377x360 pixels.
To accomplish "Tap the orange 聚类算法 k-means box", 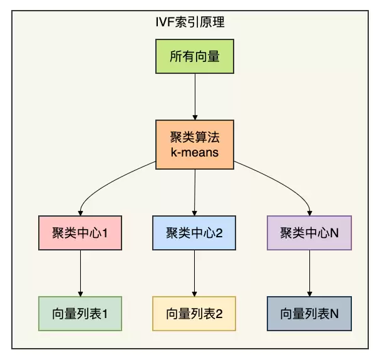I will coord(194,145).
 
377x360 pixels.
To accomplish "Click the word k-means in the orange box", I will coord(194,152).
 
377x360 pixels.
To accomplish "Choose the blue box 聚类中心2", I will coord(194,234).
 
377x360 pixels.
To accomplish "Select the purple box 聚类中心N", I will coord(309,234).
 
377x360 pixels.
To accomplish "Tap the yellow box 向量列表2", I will coord(194,313).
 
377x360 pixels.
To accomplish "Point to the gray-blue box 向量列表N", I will coord(309,313).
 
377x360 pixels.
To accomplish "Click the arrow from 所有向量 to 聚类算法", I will coord(194,97).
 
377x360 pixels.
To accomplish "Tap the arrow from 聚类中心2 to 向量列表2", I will coord(194,273).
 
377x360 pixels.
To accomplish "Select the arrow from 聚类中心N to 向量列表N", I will coord(309,273).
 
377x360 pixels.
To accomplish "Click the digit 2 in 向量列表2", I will coord(219,313).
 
